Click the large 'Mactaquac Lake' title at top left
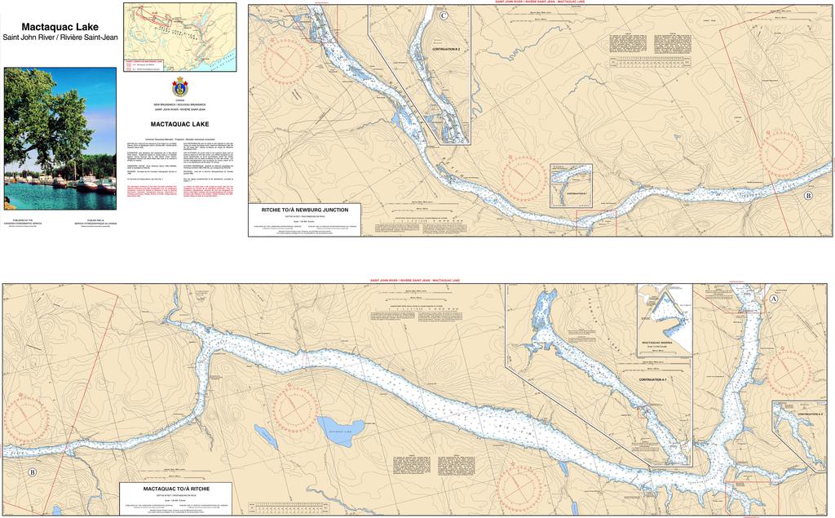60,27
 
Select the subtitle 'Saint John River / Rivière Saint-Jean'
60,38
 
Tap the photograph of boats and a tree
60,138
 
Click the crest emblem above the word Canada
180,87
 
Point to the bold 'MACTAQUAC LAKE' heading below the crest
180,124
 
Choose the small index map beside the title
180,37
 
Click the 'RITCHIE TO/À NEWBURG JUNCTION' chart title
304,210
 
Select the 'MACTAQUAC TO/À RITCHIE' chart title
176,488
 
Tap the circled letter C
443,15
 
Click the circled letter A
772,299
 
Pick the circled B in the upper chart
808,196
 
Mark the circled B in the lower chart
32,472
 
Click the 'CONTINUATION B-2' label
445,50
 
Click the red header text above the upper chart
539,2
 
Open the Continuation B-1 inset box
571,185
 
